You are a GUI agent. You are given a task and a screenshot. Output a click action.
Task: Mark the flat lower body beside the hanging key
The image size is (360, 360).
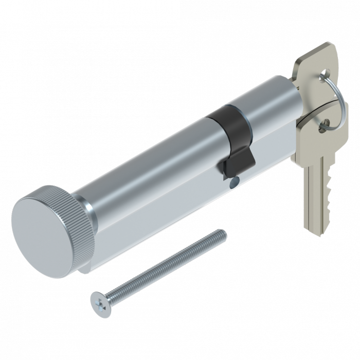(278, 154)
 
